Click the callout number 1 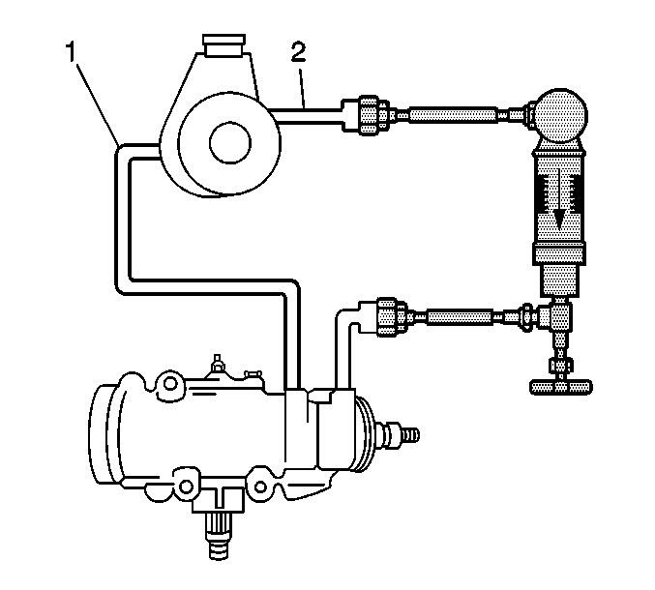72,52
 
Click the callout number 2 298,52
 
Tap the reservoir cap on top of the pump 223,45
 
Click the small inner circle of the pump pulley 230,143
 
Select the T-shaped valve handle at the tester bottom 560,387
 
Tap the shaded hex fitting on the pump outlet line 368,114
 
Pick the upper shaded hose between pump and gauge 453,114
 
